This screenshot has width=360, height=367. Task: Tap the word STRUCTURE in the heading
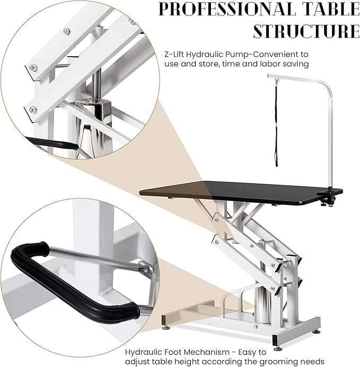click(305, 31)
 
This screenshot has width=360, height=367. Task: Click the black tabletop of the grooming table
click(239, 193)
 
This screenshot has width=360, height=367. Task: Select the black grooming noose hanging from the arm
click(275, 122)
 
